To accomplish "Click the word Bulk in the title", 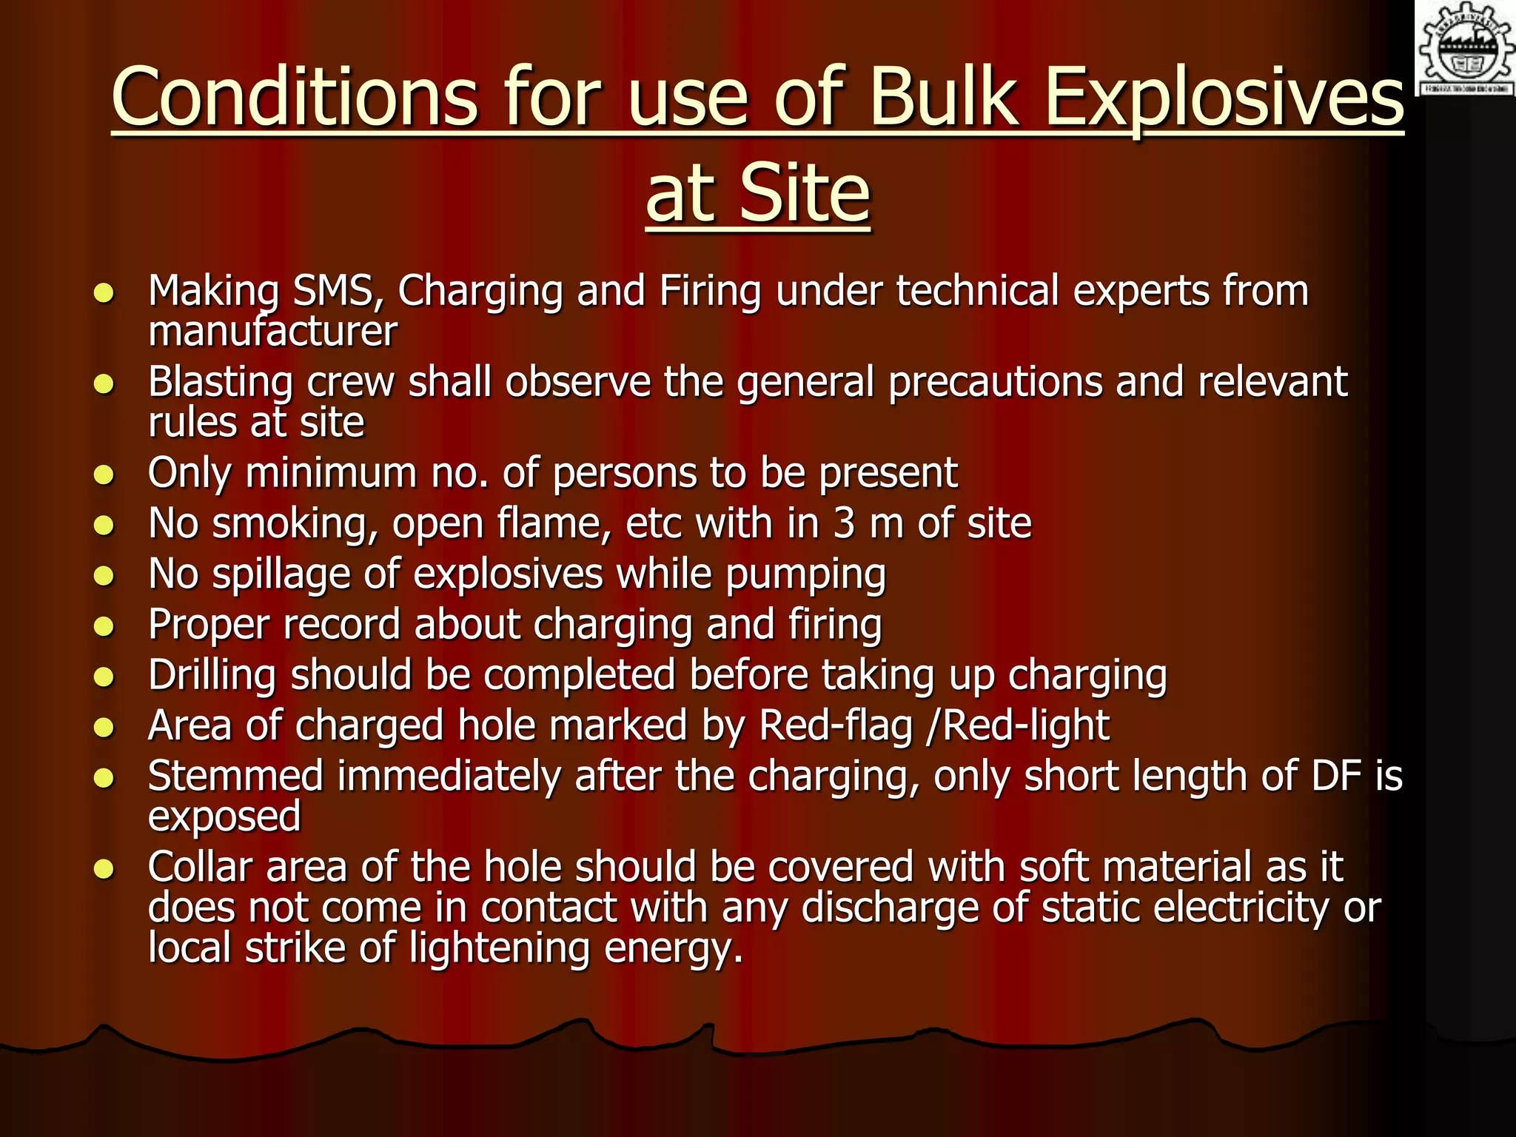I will (945, 97).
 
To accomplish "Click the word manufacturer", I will (272, 331).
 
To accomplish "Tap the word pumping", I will (805, 575).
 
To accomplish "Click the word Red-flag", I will (836, 725).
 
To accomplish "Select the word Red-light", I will (1026, 725).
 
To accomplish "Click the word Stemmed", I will (235, 776).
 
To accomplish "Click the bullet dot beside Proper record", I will (104, 628).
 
